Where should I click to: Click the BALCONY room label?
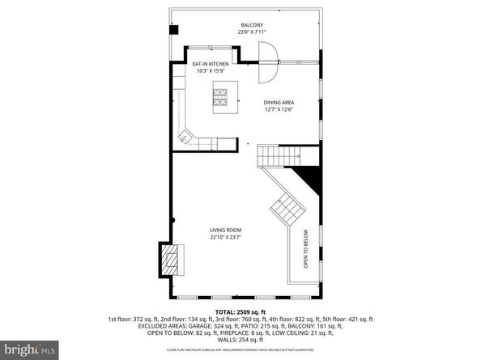pos(250,25)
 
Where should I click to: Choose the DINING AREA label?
pos(278,103)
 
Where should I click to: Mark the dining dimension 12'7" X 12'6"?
pos(278,110)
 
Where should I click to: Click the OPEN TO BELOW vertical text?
pos(307,253)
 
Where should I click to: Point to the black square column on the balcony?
pos(173,30)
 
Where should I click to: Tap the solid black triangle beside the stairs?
pos(307,176)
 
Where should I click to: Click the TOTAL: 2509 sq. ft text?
pos(240,313)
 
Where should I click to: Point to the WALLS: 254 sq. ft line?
pos(240,335)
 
